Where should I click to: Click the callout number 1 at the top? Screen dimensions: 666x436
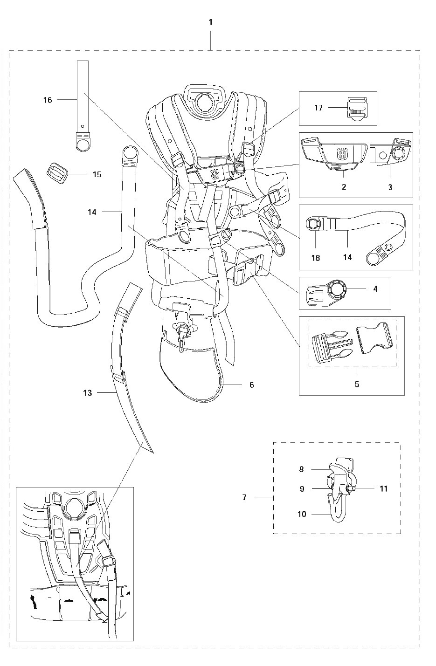[211, 22]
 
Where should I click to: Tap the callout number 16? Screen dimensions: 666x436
[48, 100]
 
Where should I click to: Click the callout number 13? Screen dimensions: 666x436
[88, 393]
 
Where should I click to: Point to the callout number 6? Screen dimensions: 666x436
[252, 384]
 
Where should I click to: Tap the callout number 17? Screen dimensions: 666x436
[318, 108]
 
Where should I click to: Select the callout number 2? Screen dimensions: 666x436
[344, 187]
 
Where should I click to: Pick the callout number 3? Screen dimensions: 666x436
[390, 187]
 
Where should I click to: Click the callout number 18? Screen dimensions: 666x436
[316, 257]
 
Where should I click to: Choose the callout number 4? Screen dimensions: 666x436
[375, 289]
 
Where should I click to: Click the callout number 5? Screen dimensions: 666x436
[357, 384]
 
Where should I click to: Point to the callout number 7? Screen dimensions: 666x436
[244, 497]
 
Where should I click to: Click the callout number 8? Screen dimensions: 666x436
[302, 469]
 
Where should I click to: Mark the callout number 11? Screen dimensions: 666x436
[383, 488]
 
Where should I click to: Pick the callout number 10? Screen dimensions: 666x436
[302, 514]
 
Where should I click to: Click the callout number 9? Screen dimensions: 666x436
[302, 488]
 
